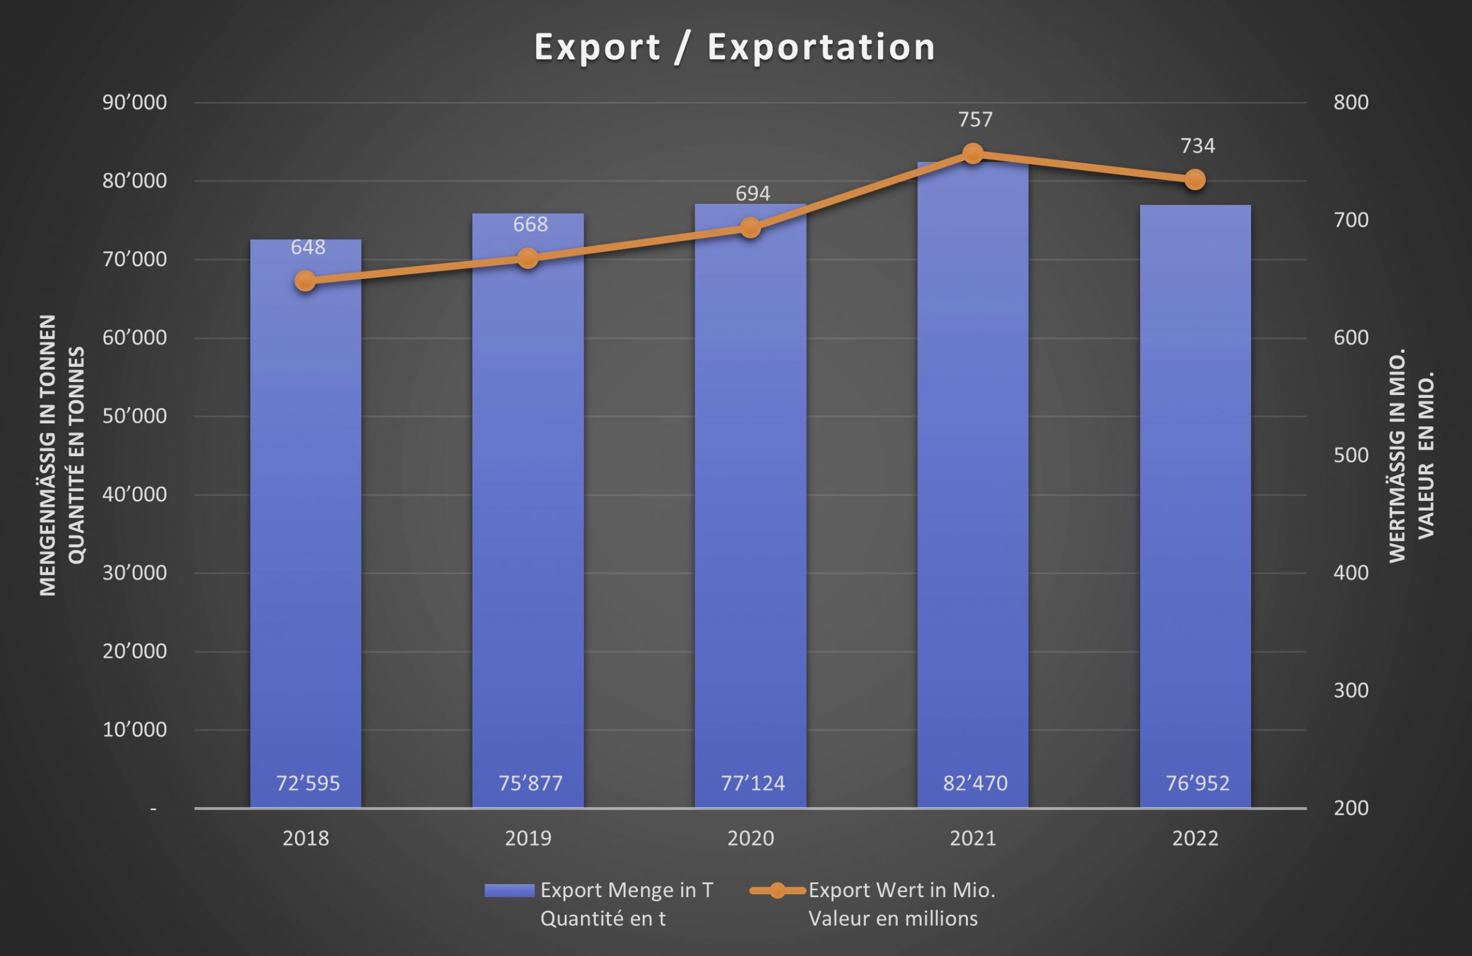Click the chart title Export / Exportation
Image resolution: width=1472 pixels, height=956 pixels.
734,48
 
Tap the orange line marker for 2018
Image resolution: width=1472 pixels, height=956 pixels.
305,281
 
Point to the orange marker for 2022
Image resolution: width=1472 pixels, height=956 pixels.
1195,180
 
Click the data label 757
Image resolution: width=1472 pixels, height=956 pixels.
976,119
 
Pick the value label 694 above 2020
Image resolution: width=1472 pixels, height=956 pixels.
752,194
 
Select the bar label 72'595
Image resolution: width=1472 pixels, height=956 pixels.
308,784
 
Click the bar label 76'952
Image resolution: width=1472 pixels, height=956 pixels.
1198,784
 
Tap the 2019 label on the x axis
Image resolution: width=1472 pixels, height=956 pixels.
528,838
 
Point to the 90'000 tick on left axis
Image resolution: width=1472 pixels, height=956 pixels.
134,102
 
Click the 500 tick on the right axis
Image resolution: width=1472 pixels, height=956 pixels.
1351,455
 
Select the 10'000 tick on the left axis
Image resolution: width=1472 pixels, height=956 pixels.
134,730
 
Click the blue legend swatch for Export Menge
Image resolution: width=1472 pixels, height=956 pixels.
509,891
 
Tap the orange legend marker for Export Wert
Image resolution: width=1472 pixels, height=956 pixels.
777,891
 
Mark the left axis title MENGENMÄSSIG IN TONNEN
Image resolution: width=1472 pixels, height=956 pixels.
48,455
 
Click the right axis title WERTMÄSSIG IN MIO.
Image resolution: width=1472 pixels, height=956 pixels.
1397,455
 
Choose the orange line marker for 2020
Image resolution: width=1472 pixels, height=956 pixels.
750,228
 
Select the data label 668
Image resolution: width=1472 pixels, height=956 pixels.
530,224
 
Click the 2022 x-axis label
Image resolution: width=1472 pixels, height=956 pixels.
1195,838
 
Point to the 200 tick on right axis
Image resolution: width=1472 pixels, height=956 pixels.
1351,808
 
